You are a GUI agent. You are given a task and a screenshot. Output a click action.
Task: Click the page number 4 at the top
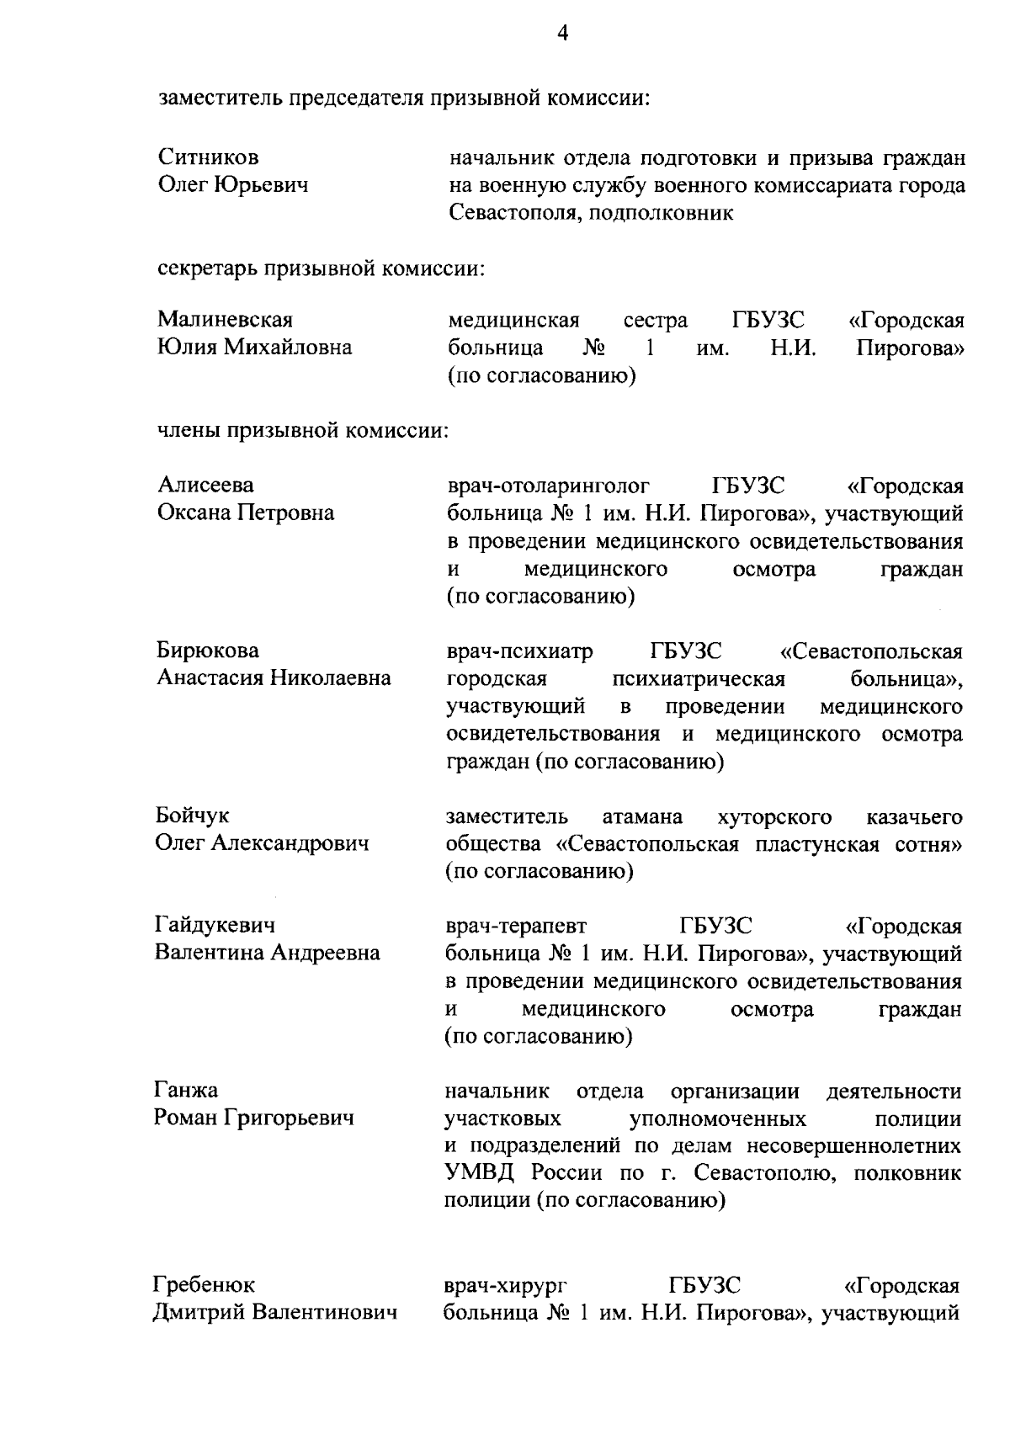pos(563,33)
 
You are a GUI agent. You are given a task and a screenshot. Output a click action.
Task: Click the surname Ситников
pos(209,157)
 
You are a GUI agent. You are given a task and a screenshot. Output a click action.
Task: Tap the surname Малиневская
pos(226,320)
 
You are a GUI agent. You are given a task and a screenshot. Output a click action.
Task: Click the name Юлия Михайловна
pos(255,348)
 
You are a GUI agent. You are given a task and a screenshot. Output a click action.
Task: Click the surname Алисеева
pos(205,485)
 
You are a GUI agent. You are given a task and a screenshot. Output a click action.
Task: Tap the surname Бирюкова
pos(208,651)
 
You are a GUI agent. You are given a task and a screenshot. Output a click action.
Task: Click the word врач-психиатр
pos(519,651)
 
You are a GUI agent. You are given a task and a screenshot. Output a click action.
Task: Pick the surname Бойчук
pos(193,815)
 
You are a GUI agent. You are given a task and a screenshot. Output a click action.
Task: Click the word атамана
pos(643,816)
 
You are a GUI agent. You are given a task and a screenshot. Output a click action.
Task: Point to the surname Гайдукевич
pos(215,926)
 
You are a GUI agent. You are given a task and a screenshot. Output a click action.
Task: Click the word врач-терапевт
pos(516,927)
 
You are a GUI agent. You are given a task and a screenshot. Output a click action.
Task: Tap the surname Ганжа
pos(186,1091)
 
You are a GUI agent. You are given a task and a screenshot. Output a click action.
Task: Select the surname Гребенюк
pos(204,1285)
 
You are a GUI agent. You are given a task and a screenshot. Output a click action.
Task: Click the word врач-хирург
pos(505,1286)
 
